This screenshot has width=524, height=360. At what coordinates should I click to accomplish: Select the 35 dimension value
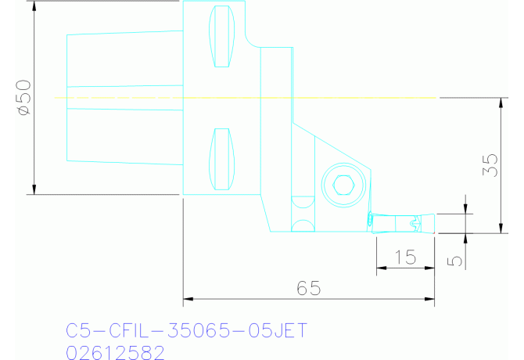pyautogui.click(x=490, y=165)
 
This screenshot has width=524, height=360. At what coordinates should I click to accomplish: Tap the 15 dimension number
pyautogui.click(x=405, y=256)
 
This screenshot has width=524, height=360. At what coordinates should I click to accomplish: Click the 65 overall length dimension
pyautogui.click(x=309, y=288)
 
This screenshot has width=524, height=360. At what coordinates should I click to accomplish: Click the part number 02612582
pyautogui.click(x=115, y=352)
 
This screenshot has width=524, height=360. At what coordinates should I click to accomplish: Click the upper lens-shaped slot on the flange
pyautogui.click(x=222, y=36)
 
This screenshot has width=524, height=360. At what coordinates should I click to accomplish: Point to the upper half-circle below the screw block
pyautogui.click(x=301, y=202)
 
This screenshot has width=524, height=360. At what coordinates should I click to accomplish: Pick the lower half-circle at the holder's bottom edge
pyautogui.click(x=301, y=227)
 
